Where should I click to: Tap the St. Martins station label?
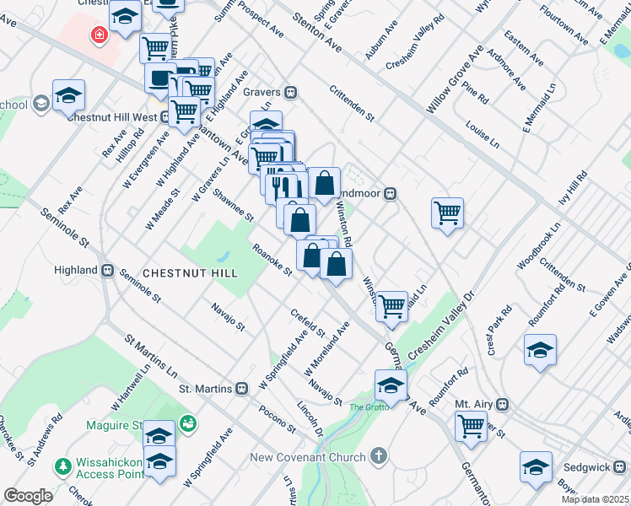(208, 389)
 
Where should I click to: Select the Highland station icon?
(107, 270)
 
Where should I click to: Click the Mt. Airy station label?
(472, 404)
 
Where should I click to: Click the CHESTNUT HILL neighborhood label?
(190, 273)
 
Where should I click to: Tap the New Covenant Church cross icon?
(379, 457)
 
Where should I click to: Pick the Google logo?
(28, 496)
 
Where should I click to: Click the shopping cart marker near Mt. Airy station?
(471, 425)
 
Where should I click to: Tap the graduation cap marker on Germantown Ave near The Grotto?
(391, 386)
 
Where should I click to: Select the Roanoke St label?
(272, 260)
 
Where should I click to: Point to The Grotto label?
(371, 407)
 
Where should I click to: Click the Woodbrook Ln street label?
(539, 246)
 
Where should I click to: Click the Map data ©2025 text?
(595, 499)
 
